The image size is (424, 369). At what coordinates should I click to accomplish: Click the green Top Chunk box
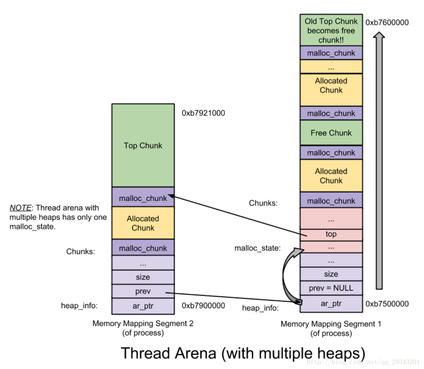[x=143, y=146]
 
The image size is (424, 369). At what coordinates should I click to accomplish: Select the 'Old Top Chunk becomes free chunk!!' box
[x=331, y=30]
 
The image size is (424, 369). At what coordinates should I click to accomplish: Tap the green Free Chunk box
[x=331, y=133]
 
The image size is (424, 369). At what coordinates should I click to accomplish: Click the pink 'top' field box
[x=331, y=234]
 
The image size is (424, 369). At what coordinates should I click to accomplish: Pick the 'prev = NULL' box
[x=331, y=288]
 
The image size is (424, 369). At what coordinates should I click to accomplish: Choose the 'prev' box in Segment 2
[x=143, y=291]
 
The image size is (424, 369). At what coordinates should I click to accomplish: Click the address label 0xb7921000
[x=203, y=113]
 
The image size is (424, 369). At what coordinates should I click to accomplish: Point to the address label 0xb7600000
[x=387, y=23]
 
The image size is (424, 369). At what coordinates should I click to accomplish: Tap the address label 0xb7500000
[x=387, y=304]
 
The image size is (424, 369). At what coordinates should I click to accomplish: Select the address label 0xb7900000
[x=203, y=306]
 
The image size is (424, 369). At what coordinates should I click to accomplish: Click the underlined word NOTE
[x=20, y=208]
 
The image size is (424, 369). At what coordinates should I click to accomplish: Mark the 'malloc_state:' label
[x=257, y=248]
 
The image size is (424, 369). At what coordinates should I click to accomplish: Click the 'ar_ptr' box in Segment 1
[x=331, y=303]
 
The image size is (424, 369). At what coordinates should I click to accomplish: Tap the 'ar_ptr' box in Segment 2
[x=143, y=306]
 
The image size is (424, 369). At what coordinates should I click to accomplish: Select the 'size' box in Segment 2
[x=143, y=277]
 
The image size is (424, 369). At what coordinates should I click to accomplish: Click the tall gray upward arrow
[x=379, y=159]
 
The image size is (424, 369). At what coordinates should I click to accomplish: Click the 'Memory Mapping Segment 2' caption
[x=143, y=324]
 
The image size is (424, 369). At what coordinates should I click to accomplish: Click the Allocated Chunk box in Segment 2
[x=143, y=223]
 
